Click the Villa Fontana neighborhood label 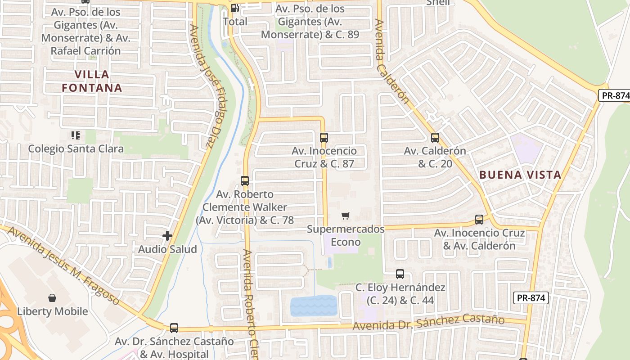[92, 81]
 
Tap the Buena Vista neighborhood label [520, 175]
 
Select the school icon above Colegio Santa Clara [76, 135]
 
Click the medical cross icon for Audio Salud [167, 235]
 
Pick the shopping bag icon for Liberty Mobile [52, 298]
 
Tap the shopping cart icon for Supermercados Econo [345, 216]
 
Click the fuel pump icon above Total [234, 8]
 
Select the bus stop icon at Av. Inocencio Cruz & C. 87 [324, 138]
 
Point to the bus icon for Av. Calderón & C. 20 [435, 138]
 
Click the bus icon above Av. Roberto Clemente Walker [245, 181]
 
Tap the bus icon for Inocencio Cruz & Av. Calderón [479, 220]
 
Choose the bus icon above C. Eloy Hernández [400, 274]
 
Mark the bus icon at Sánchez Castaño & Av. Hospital [174, 328]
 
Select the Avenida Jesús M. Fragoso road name [63, 265]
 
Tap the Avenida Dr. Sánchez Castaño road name [428, 322]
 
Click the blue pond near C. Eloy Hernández [314, 306]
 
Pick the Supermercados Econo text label [346, 235]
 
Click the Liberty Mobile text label [53, 311]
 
